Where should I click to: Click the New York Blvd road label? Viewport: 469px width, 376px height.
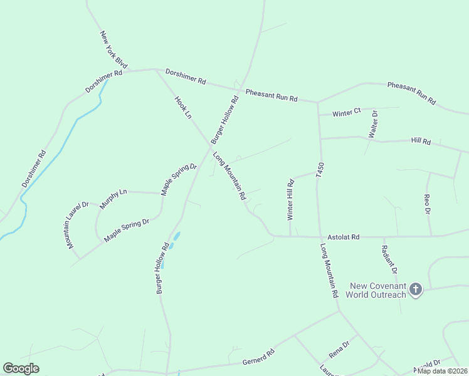pos(113,50)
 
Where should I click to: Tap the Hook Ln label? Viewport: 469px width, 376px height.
pos(182,108)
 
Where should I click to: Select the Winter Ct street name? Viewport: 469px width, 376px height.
pos(347,113)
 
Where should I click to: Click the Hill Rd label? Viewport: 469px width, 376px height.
pos(421,142)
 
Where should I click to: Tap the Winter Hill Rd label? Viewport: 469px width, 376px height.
pos(290,201)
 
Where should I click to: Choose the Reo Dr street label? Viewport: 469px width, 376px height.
pos(428,204)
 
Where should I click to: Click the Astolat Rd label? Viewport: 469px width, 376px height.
pos(343,238)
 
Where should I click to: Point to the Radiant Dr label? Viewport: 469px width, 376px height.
pos(389,259)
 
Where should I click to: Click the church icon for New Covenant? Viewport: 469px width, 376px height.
pos(415,289)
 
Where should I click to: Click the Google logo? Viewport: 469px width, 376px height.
pos(21,368)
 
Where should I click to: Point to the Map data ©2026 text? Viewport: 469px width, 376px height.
pos(441,371)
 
